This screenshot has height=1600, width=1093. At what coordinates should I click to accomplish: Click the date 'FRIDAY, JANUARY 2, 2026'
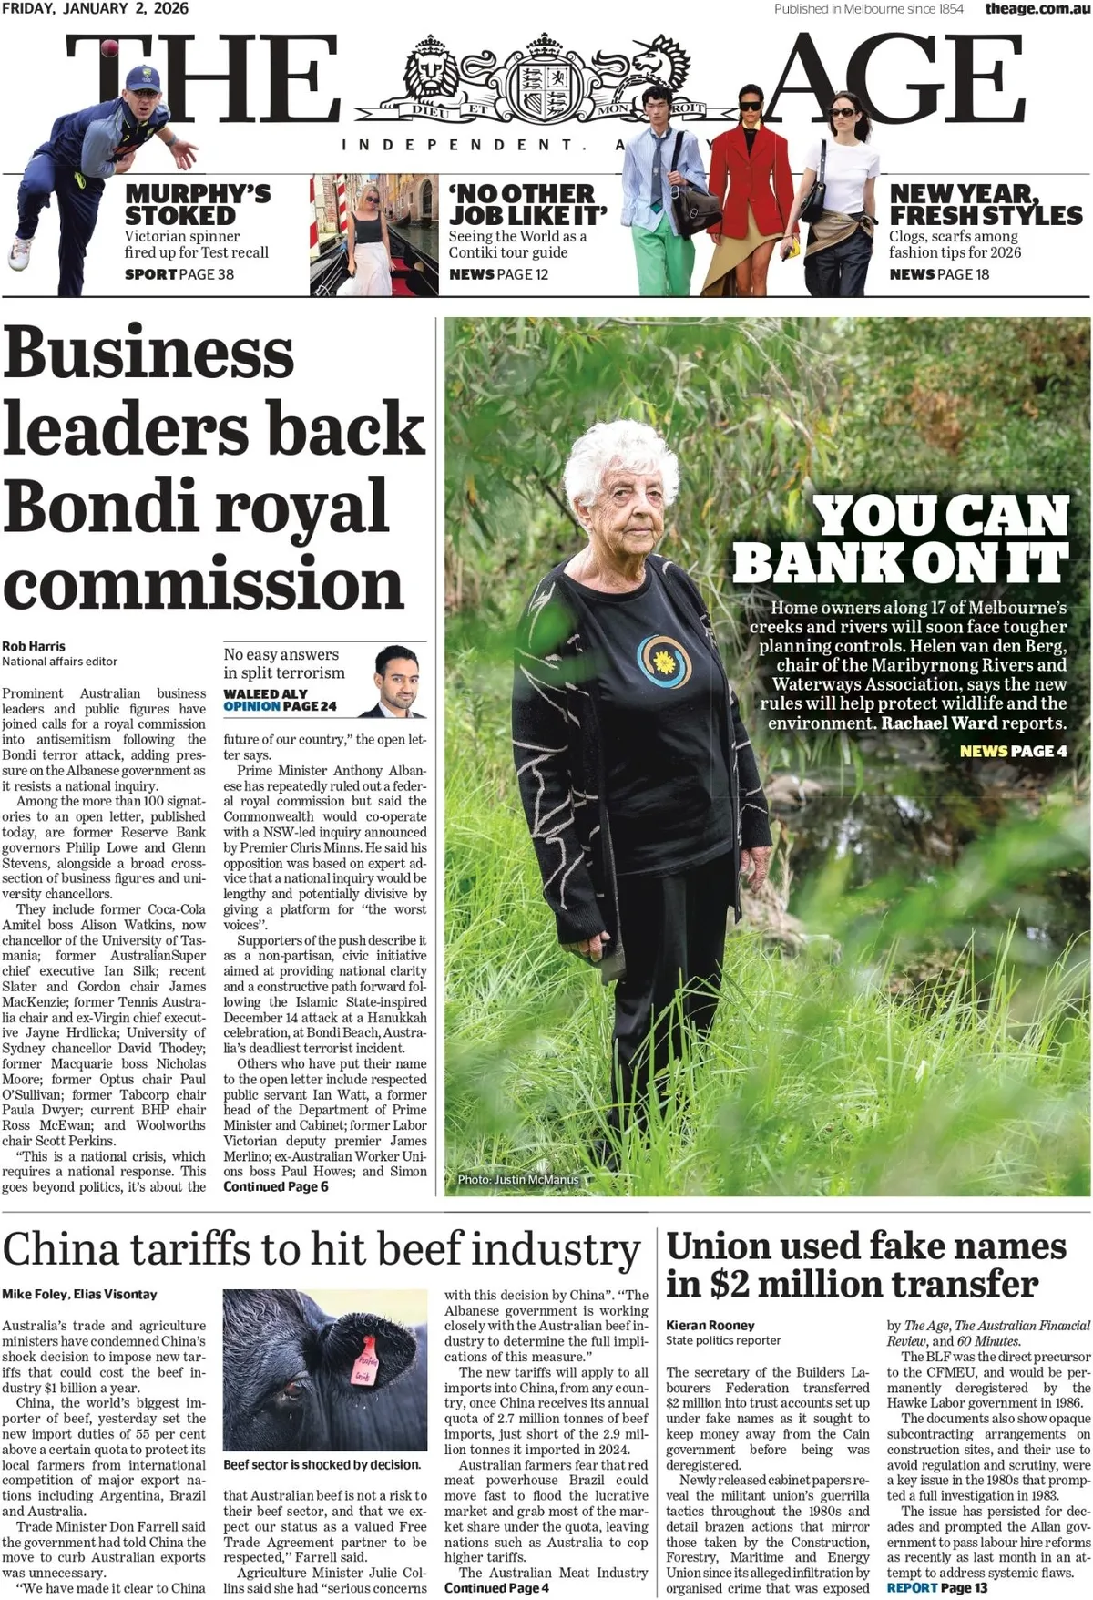[x=95, y=9]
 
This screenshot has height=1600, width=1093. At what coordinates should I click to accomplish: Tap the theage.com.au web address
[x=1037, y=9]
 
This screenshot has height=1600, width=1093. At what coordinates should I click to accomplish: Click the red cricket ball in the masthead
[x=109, y=47]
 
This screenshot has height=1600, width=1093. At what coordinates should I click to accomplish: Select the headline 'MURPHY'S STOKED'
[x=198, y=205]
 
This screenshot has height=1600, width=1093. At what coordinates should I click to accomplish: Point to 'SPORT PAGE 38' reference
[x=179, y=274]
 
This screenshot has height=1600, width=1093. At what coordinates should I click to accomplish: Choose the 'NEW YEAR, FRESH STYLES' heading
[x=986, y=205]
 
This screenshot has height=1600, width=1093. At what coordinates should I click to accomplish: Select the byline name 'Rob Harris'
[x=34, y=646]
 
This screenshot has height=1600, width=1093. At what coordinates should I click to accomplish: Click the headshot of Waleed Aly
[x=399, y=681]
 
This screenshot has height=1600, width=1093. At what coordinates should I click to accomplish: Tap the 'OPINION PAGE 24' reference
[x=280, y=706]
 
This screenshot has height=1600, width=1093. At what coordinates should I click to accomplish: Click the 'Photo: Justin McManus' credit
[x=517, y=1179]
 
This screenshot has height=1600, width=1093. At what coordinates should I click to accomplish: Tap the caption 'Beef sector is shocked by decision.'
[x=322, y=1465]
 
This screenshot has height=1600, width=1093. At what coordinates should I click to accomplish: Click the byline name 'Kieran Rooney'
[x=710, y=1326]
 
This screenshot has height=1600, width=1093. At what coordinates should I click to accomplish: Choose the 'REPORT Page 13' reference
[x=937, y=1587]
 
